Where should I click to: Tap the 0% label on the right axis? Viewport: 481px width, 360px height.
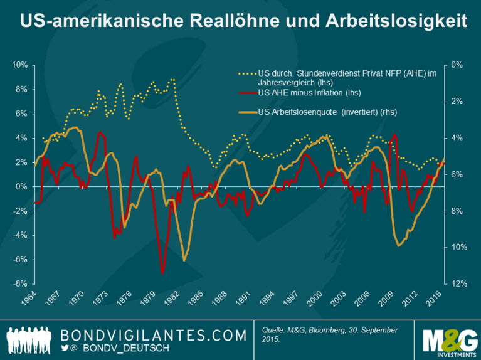457,65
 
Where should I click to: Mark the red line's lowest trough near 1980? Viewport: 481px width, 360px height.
163,272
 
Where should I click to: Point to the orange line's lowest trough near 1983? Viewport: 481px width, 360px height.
184,260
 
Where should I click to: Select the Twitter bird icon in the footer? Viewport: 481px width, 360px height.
65,347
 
